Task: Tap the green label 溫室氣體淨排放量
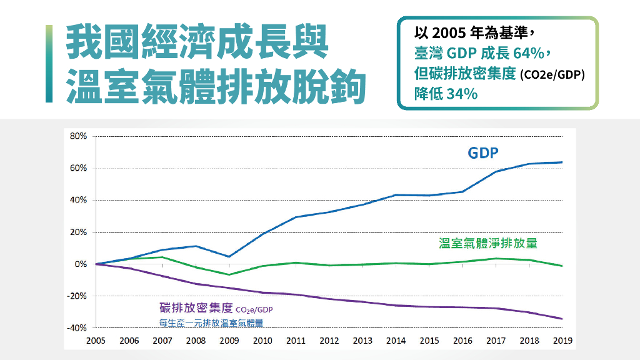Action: (x=488, y=243)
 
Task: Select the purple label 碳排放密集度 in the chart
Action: (x=196, y=308)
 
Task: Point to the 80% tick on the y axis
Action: (x=77, y=136)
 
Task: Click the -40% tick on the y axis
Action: (x=76, y=327)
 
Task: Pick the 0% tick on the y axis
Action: (x=80, y=264)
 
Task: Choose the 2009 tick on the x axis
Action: (x=229, y=341)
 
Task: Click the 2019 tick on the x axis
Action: (x=562, y=341)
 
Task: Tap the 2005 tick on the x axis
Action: (x=96, y=341)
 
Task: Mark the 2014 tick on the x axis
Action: (x=396, y=341)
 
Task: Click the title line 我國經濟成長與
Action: (x=196, y=42)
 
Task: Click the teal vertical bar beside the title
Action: (x=49, y=64)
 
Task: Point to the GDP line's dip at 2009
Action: (x=229, y=256)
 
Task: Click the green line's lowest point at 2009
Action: (x=229, y=274)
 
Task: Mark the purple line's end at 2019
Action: (x=562, y=319)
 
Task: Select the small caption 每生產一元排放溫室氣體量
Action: (x=211, y=322)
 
